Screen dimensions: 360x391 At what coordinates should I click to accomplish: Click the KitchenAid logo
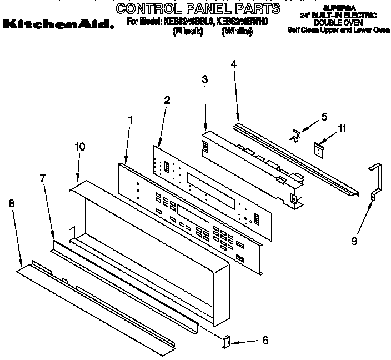click(x=58, y=24)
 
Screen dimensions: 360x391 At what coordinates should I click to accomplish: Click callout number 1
click(x=130, y=119)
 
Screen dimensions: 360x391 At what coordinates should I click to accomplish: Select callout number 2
click(x=167, y=100)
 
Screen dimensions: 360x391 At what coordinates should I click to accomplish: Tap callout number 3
click(x=205, y=80)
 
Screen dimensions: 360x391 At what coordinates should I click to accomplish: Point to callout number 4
click(x=233, y=64)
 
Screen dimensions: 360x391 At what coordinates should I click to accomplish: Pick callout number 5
click(x=325, y=117)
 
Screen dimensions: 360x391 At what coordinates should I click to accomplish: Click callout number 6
click(x=265, y=340)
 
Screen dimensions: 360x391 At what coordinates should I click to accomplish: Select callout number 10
click(x=79, y=147)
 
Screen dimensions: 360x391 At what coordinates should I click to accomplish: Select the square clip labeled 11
click(x=318, y=148)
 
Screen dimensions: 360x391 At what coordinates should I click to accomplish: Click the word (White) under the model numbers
click(x=237, y=32)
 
